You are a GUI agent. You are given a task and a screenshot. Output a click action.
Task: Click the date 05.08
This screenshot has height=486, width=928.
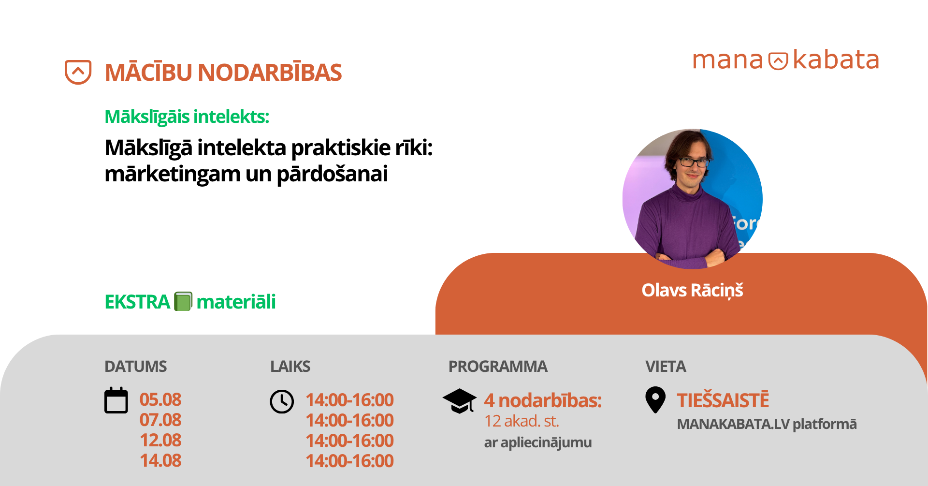click(x=160, y=399)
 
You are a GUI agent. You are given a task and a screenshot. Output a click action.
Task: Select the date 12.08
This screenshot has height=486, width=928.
click(x=160, y=440)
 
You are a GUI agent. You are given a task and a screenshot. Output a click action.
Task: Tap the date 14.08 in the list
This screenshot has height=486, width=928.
click(x=160, y=460)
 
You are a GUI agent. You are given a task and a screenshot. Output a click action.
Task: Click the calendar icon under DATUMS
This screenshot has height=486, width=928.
click(x=116, y=400)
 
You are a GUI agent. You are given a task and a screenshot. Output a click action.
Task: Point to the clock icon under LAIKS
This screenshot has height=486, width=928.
click(x=282, y=401)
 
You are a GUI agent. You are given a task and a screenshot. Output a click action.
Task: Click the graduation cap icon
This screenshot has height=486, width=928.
click(x=460, y=401)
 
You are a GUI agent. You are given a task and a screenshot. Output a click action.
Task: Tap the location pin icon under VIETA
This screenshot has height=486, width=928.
click(x=655, y=400)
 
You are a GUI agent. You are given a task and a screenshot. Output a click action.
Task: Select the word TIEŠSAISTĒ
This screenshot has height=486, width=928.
click(x=723, y=400)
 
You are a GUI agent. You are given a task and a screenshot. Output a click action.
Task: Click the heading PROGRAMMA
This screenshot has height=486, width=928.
click(x=498, y=367)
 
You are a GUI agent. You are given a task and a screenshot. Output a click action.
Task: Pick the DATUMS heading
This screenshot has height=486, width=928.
click(x=136, y=367)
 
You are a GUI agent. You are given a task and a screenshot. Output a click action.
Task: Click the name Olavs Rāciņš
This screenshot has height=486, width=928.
click(x=692, y=290)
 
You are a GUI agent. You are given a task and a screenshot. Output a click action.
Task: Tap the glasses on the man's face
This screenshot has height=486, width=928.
click(x=694, y=162)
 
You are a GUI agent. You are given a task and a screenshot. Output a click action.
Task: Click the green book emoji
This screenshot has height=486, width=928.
click(x=183, y=301)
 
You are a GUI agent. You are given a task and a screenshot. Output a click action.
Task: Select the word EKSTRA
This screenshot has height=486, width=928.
click(x=137, y=302)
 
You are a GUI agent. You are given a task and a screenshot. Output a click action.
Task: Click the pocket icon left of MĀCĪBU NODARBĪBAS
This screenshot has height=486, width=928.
click(x=78, y=72)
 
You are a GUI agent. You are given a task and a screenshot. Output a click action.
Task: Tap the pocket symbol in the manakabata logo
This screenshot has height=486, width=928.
click(x=778, y=61)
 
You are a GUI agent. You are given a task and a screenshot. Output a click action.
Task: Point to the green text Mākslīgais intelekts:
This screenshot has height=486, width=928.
click(x=187, y=117)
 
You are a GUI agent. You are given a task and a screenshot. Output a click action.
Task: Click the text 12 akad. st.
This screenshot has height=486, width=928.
click(x=522, y=421)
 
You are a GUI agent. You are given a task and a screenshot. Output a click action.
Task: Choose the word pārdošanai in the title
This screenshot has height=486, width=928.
click(x=332, y=174)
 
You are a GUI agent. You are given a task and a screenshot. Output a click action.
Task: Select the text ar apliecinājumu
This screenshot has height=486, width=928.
click(x=538, y=442)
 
